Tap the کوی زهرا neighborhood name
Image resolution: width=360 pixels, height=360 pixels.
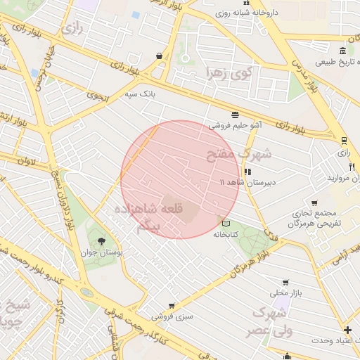click(229, 72)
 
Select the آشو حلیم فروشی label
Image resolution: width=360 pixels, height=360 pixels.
click(235, 126)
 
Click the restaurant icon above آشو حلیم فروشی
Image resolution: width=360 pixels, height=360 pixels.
click(234, 115)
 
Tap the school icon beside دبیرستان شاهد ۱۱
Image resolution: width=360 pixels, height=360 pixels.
click(247, 172)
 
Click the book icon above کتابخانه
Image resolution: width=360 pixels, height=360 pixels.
click(225, 224)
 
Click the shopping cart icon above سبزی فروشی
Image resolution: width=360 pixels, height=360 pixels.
click(172, 306)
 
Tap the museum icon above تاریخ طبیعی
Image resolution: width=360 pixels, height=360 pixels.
click(342, 50)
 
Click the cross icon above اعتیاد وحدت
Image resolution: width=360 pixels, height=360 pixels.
click(347, 330)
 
